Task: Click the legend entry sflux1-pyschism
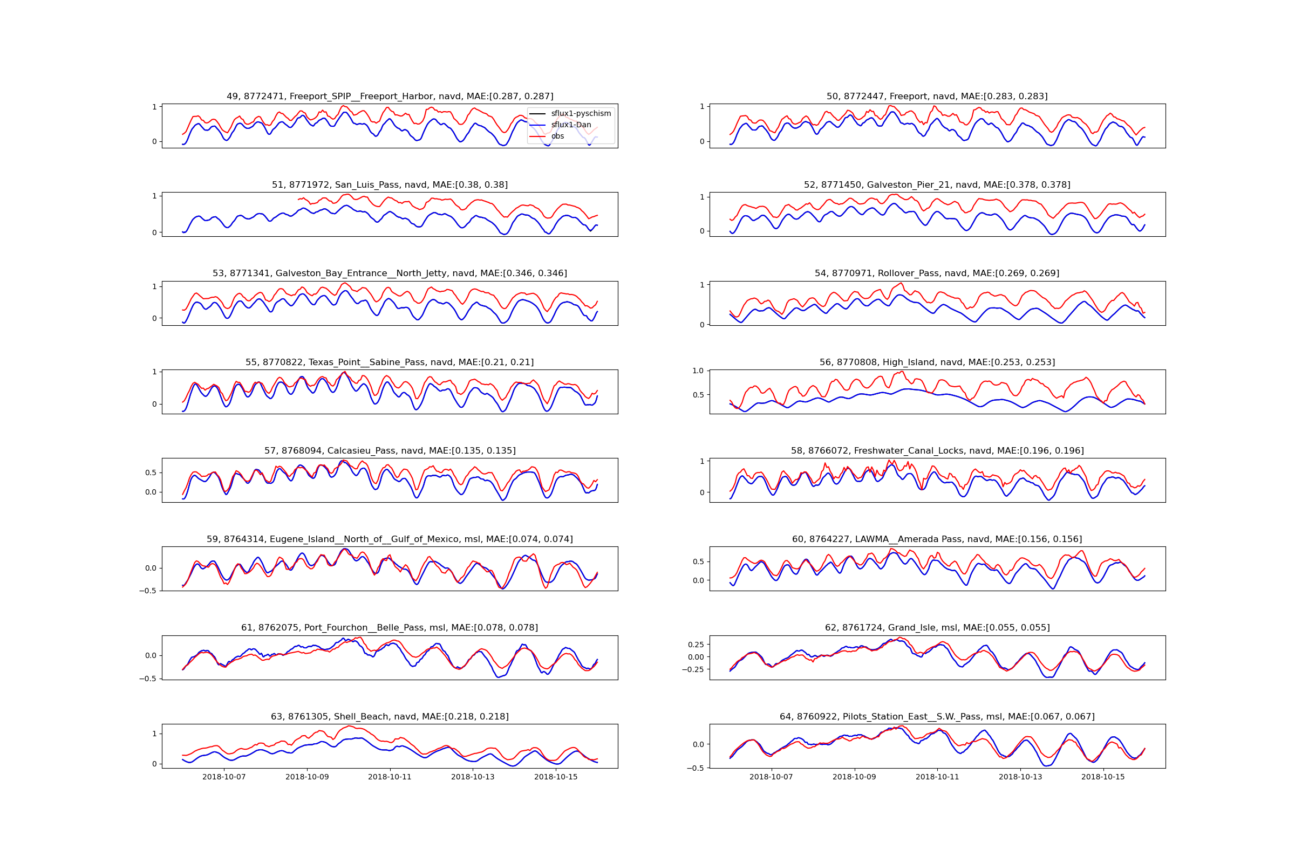[x=581, y=113]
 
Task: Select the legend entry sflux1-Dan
[x=570, y=125]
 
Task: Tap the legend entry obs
[x=557, y=136]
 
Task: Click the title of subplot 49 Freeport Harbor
[x=390, y=97]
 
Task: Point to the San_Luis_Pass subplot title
[x=390, y=185]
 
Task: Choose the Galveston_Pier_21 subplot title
[x=937, y=185]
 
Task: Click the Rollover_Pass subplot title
[x=937, y=273]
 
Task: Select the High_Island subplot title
[x=937, y=362]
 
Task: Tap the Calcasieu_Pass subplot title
[x=390, y=451]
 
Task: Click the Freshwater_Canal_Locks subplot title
[x=937, y=451]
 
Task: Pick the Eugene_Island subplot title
[x=390, y=539]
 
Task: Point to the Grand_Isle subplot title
[x=937, y=628]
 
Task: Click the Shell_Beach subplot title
[x=390, y=717]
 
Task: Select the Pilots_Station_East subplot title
[x=937, y=717]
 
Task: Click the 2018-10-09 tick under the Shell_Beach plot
[x=307, y=777]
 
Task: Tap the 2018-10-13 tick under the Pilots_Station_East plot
[x=1020, y=777]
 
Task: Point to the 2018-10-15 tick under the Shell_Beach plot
[x=556, y=777]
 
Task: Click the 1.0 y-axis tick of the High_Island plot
[x=698, y=371]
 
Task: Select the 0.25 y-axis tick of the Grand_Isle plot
[x=696, y=645]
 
